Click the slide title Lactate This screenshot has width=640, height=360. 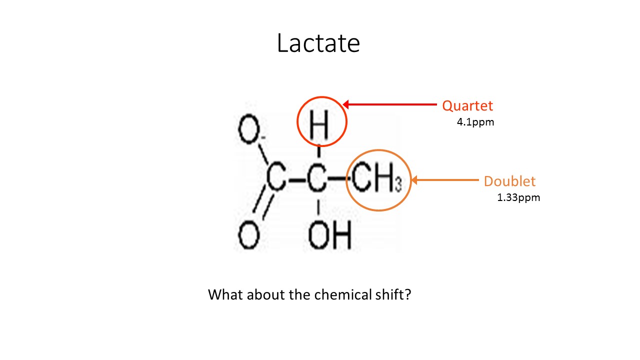pos(318,43)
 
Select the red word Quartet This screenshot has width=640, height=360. pos(467,106)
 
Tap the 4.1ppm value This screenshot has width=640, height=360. pos(475,121)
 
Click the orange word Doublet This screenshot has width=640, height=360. pos(509,181)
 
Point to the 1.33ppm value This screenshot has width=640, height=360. pos(518,197)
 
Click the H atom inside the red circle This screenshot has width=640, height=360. pos(319,125)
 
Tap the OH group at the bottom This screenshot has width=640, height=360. pos(329,236)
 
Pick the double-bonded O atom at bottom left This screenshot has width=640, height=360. pos(248,236)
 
